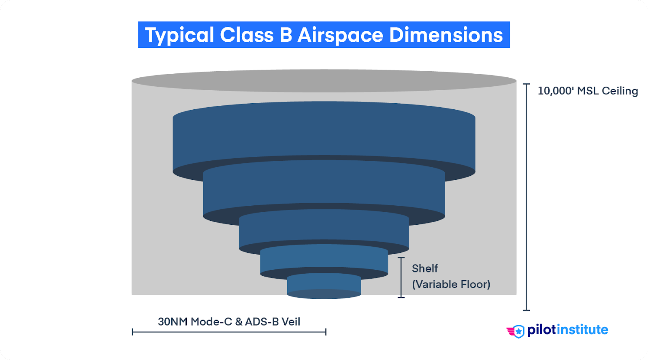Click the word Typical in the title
(x=179, y=35)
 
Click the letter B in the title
(x=286, y=35)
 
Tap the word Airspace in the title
(x=340, y=35)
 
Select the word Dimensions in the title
(x=446, y=35)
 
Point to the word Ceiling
(x=620, y=91)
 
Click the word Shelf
(x=424, y=268)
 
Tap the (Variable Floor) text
(x=451, y=284)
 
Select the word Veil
(x=291, y=322)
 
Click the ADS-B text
(x=262, y=322)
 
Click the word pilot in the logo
(x=541, y=330)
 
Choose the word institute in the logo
(x=582, y=330)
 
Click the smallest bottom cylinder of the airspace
(x=324, y=285)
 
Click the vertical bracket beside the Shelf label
(x=401, y=277)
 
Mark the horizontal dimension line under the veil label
(x=229, y=332)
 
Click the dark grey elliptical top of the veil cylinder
(x=324, y=80)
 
